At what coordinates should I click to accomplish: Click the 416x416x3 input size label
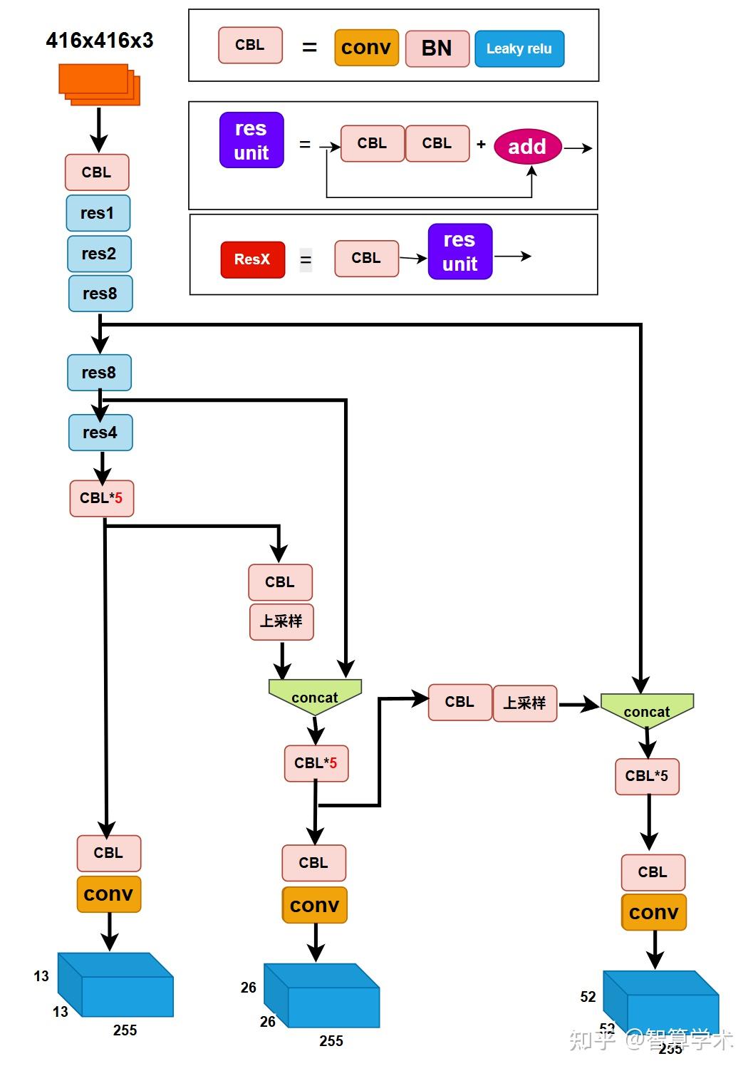[x=100, y=41]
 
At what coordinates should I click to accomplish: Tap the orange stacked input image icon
[x=98, y=84]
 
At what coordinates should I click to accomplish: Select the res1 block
[x=98, y=213]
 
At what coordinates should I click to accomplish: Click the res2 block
[x=99, y=254]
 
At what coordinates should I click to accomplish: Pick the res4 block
[x=100, y=433]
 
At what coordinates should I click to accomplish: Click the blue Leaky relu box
[x=519, y=48]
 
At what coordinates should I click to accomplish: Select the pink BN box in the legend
[x=437, y=48]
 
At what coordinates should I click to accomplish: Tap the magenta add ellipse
[x=527, y=147]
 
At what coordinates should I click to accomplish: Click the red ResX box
[x=252, y=259]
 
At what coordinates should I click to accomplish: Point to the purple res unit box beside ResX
[x=459, y=252]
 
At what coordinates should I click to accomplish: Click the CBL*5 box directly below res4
[x=101, y=498]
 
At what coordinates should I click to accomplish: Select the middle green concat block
[x=315, y=696]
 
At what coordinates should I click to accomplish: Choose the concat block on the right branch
[x=647, y=710]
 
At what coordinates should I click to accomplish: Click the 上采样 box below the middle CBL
[x=281, y=621]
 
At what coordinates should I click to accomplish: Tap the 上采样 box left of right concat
[x=524, y=703]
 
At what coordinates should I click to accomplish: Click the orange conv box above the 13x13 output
[x=108, y=894]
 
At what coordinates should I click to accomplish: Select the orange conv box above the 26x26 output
[x=314, y=905]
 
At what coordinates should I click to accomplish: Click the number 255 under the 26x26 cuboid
[x=331, y=1041]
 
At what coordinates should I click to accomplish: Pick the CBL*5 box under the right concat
[x=647, y=776]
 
